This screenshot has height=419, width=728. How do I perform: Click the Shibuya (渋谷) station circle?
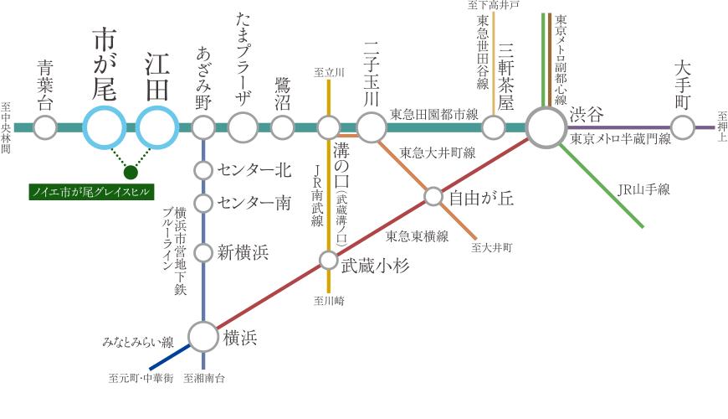546,128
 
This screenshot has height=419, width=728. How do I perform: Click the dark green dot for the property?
130,173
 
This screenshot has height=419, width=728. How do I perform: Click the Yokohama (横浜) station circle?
203,337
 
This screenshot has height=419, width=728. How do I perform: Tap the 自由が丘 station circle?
433,197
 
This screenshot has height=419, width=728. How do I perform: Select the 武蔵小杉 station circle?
328,260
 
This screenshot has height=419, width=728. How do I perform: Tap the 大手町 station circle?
684,127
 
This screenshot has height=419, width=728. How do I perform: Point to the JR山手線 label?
643,189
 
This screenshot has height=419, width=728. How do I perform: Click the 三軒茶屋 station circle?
494,127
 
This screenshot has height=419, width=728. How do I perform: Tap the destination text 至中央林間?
6,128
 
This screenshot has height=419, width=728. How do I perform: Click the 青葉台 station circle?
45,128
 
